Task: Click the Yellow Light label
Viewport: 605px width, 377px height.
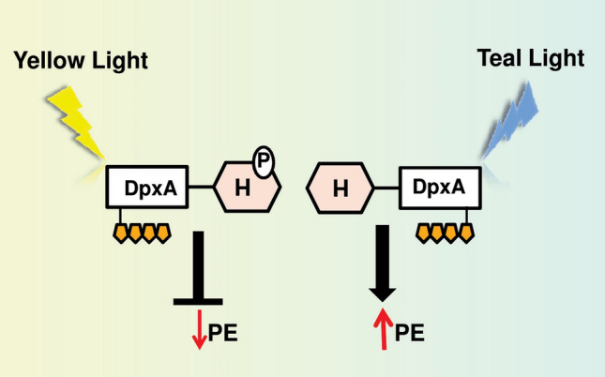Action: click(81, 62)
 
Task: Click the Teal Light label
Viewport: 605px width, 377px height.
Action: click(530, 58)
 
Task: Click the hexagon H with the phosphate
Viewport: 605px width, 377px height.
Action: click(246, 188)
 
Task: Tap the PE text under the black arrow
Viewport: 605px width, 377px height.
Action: click(409, 332)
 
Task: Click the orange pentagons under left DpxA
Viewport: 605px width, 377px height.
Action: click(141, 230)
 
